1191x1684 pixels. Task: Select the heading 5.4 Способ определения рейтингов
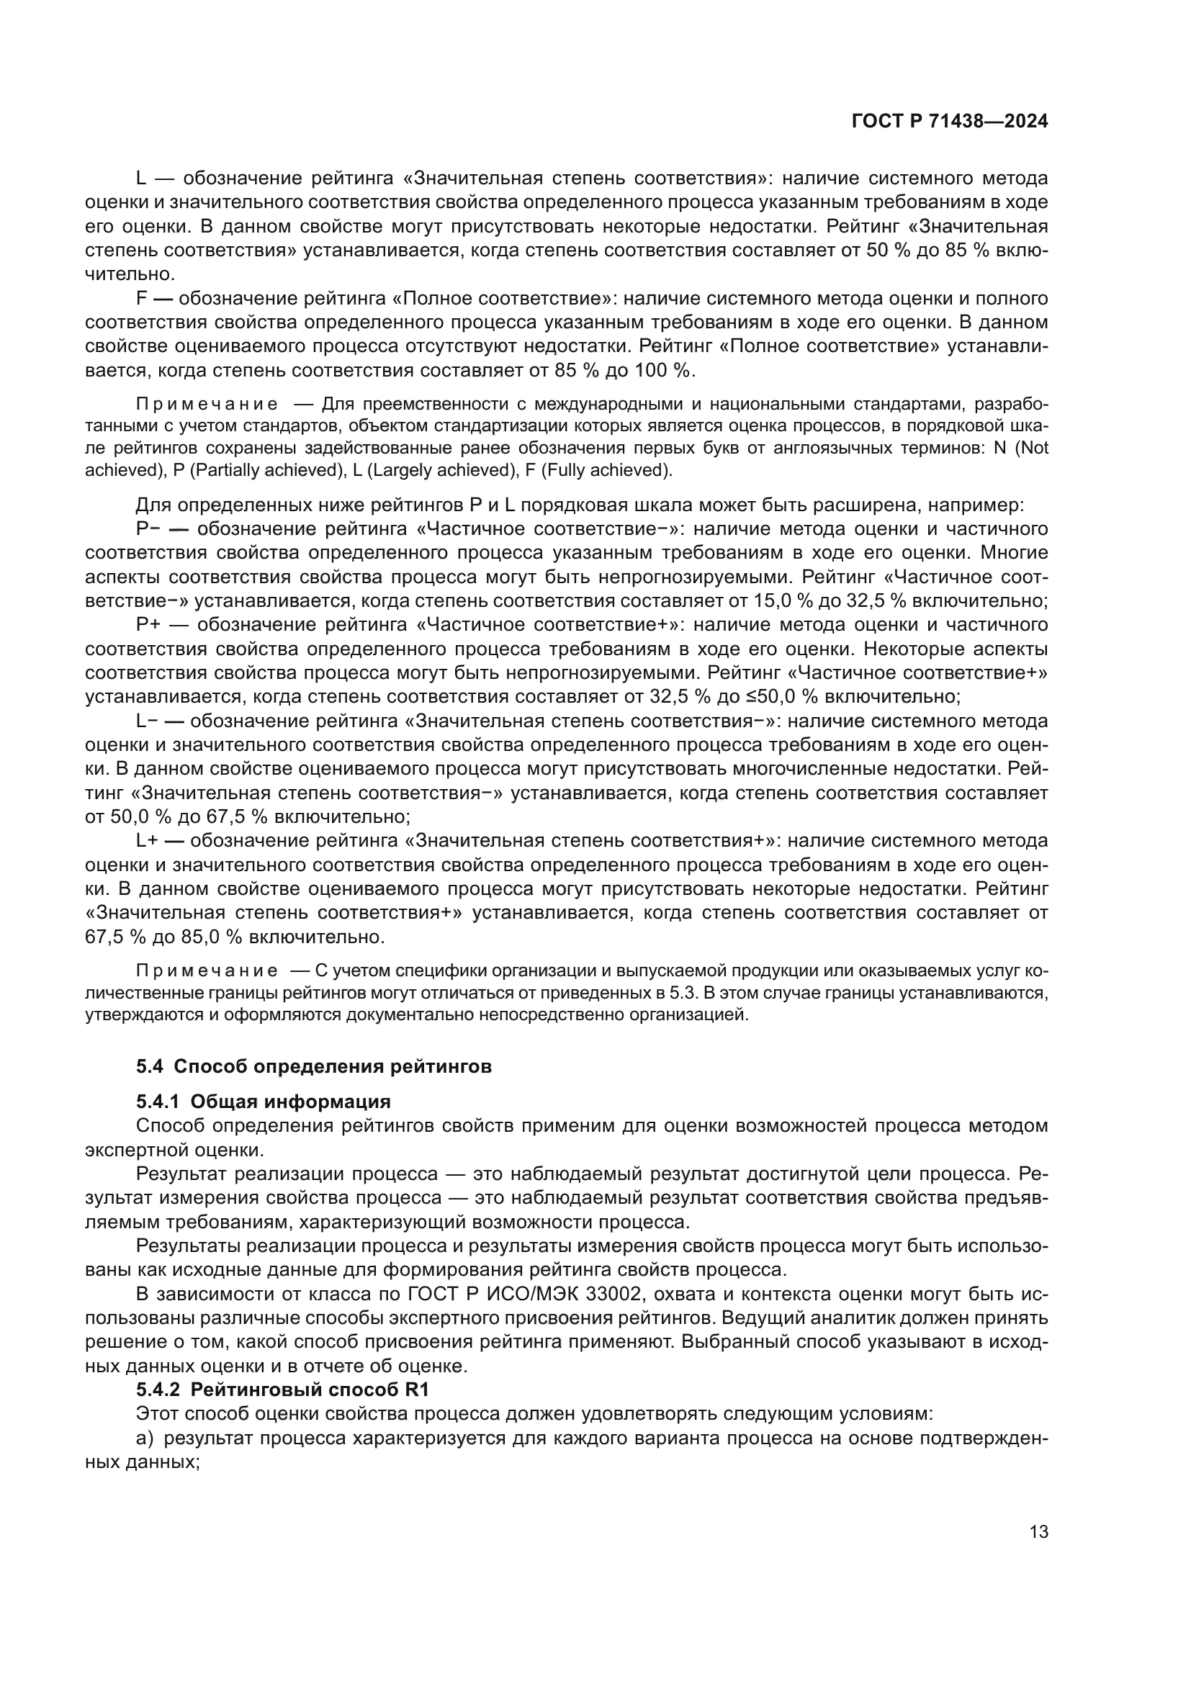tap(313, 1066)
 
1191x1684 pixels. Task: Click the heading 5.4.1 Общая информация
tap(264, 1102)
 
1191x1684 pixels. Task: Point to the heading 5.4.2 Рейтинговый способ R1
tap(282, 1389)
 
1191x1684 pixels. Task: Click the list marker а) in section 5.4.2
tap(145, 1438)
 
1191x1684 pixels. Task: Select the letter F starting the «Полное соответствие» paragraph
tap(142, 299)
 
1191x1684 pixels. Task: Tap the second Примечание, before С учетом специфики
tap(207, 971)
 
